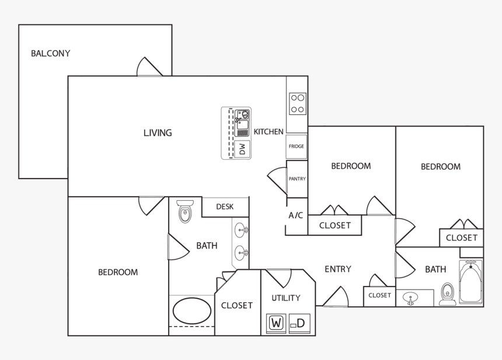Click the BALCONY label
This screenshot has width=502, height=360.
pyautogui.click(x=51, y=54)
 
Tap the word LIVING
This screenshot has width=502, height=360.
pyautogui.click(x=158, y=133)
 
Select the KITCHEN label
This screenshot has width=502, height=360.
pyautogui.click(x=269, y=132)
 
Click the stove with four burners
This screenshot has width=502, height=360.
pyautogui.click(x=297, y=103)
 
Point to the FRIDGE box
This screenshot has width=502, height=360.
pyautogui.click(x=297, y=146)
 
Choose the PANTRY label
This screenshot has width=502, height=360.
pyautogui.click(x=297, y=179)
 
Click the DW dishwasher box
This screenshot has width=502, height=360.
pyautogui.click(x=242, y=149)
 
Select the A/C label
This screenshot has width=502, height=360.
pyautogui.click(x=296, y=215)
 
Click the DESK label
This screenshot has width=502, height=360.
pyautogui.click(x=225, y=207)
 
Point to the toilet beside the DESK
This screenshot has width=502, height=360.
pyautogui.click(x=185, y=211)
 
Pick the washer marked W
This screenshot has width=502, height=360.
pyautogui.click(x=276, y=323)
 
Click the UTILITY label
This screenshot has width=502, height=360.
pyautogui.click(x=286, y=298)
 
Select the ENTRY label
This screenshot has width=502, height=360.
pyautogui.click(x=337, y=269)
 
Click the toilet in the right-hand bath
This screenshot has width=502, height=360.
pyautogui.click(x=448, y=294)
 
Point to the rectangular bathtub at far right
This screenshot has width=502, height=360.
pyautogui.click(x=470, y=282)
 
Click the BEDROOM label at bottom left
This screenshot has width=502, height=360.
pyautogui.click(x=118, y=272)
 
